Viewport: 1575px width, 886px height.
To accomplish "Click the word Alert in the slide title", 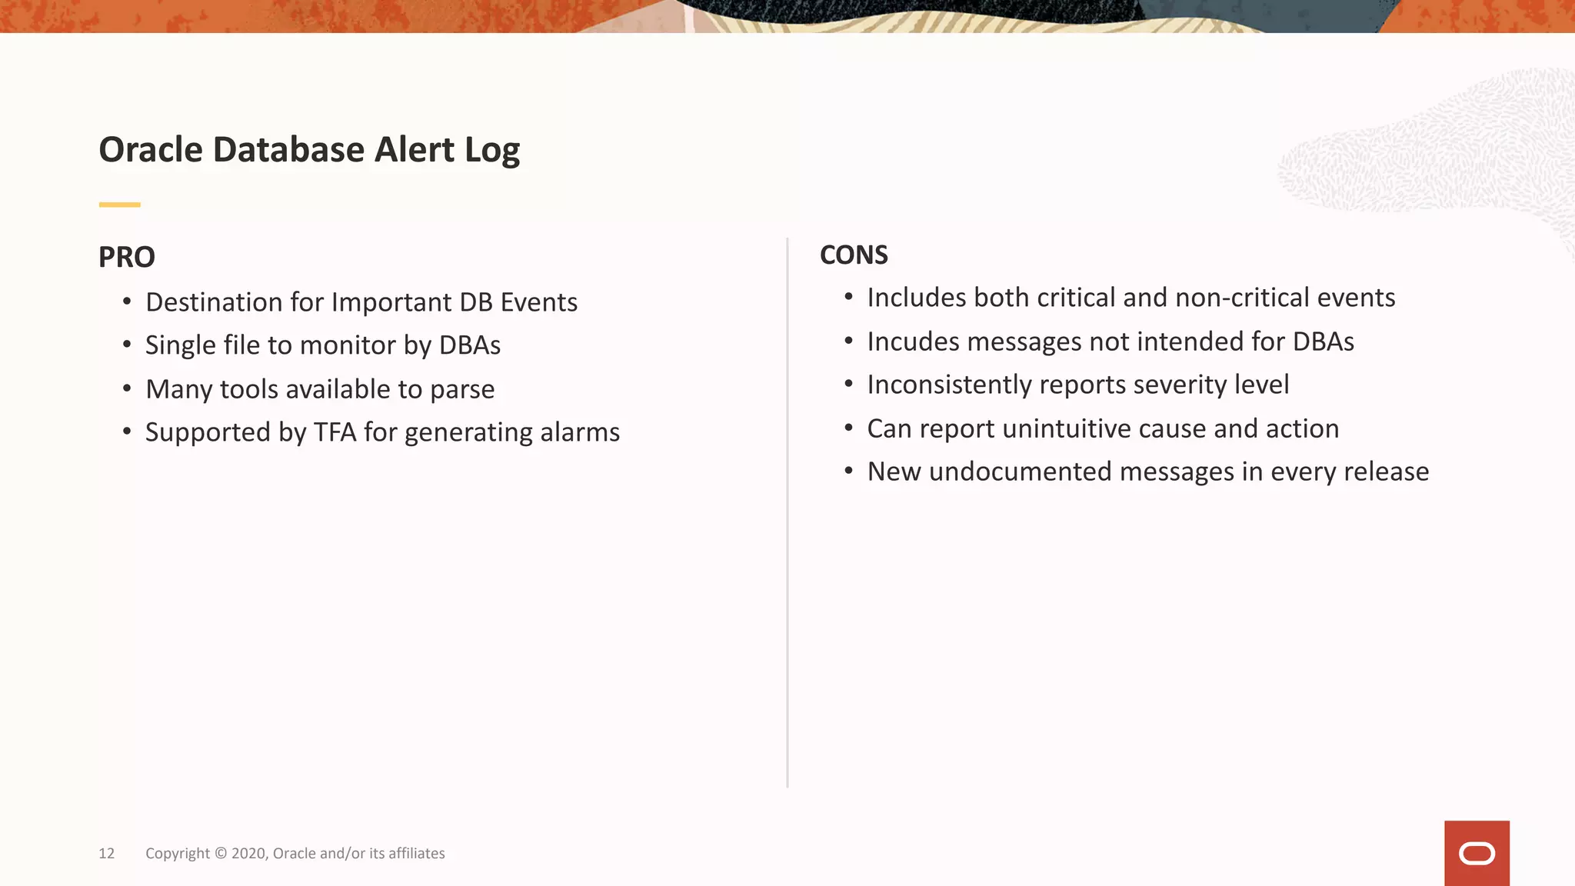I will point(415,149).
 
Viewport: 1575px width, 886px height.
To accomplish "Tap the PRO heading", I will point(127,257).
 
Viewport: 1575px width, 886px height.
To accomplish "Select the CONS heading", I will point(854,255).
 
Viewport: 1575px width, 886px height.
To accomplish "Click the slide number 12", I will point(106,853).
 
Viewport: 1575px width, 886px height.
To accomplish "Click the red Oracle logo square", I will point(1477,853).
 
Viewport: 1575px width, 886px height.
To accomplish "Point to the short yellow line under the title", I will point(119,205).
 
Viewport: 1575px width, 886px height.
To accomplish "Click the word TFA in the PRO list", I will point(335,432).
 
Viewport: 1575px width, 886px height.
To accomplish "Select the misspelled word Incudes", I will point(913,341).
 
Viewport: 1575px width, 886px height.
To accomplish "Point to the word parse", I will point(462,389).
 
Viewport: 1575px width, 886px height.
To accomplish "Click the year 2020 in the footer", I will point(248,853).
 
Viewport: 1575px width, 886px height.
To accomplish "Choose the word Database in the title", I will point(288,149).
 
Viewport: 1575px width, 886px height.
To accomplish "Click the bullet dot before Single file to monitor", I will point(127,345).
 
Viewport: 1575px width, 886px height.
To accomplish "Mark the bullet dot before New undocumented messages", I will point(848,471).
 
